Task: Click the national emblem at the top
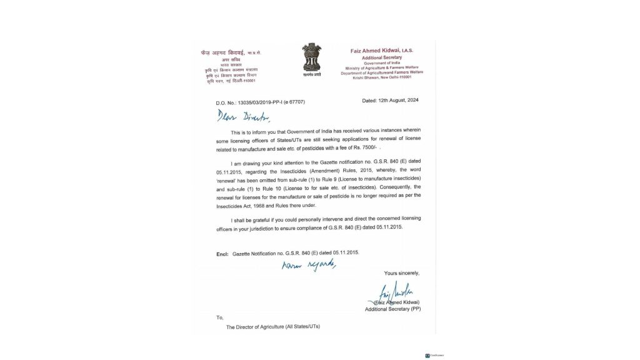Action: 311,58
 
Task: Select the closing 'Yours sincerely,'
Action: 402,273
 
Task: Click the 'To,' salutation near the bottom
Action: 219,317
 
